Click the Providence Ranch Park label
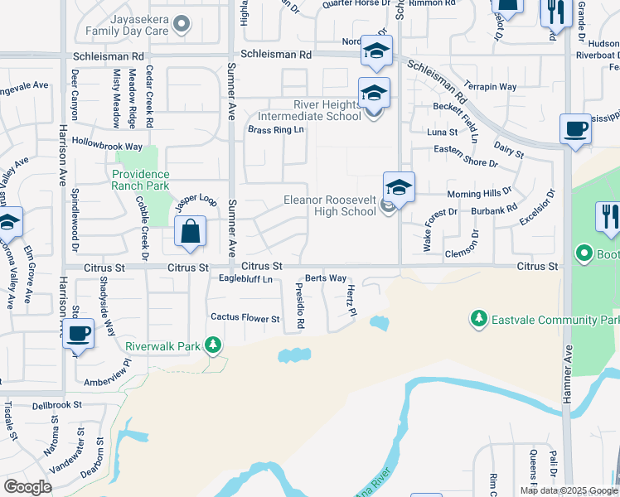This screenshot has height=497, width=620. [141, 180]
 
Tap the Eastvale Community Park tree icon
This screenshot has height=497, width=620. [477, 318]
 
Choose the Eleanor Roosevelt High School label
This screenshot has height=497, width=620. [330, 205]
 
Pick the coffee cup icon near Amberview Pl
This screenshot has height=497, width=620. [78, 334]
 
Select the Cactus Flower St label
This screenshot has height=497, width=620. [245, 317]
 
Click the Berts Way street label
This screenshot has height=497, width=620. [326, 278]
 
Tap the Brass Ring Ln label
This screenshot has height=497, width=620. [276, 130]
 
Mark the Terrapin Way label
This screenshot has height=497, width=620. [490, 86]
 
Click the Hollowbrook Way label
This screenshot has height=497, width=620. [103, 142]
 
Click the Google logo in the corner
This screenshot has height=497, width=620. [27, 486]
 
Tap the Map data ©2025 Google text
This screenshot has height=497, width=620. [568, 490]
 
